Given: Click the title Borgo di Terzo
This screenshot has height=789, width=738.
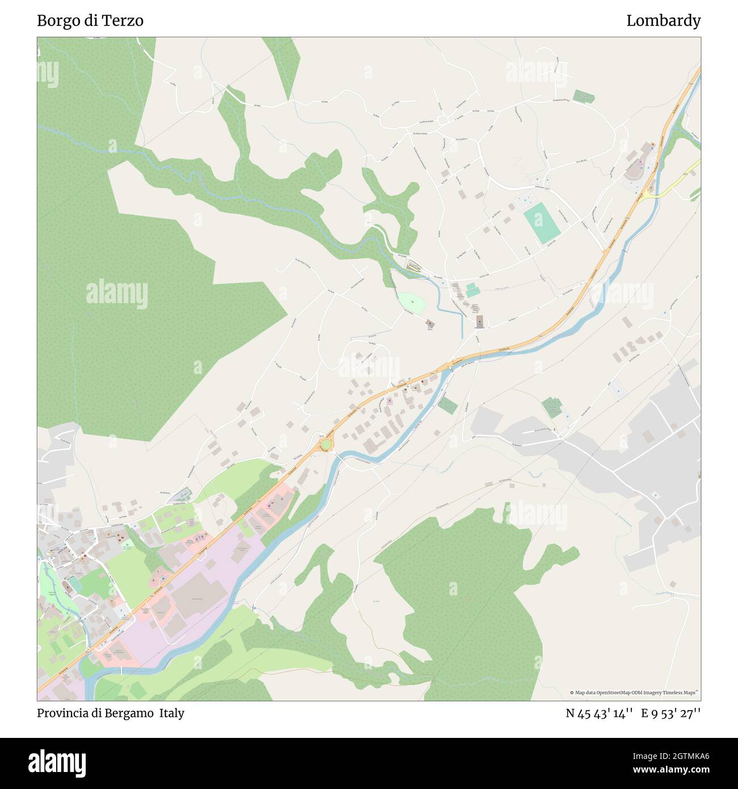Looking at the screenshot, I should click(90, 21).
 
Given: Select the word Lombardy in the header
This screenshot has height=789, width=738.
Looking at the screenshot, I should click(663, 21).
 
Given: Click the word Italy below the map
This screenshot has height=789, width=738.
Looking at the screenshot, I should click(171, 713).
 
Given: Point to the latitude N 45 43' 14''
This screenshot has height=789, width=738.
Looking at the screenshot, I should click(599, 714).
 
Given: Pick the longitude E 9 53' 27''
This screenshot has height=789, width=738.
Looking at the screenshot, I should click(670, 714).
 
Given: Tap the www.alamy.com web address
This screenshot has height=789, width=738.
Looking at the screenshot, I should click(671, 770).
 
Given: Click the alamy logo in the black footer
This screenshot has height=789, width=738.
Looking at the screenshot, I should click(57, 762).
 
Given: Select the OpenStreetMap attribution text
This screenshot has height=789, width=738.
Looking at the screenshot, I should click(635, 693).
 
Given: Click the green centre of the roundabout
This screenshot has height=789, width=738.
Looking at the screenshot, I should click(326, 444).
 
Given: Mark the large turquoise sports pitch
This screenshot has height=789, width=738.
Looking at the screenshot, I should click(542, 224).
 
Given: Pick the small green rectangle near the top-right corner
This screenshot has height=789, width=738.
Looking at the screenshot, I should click(583, 96).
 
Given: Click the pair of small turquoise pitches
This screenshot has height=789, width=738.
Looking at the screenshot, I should click(471, 291).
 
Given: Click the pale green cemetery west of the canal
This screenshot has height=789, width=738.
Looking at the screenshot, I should click(411, 303).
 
